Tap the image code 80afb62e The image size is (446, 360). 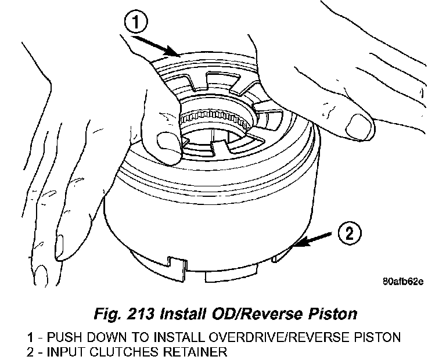coord(403,283)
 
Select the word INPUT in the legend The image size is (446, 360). coord(65,351)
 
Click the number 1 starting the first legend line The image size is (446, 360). coord(30,337)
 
